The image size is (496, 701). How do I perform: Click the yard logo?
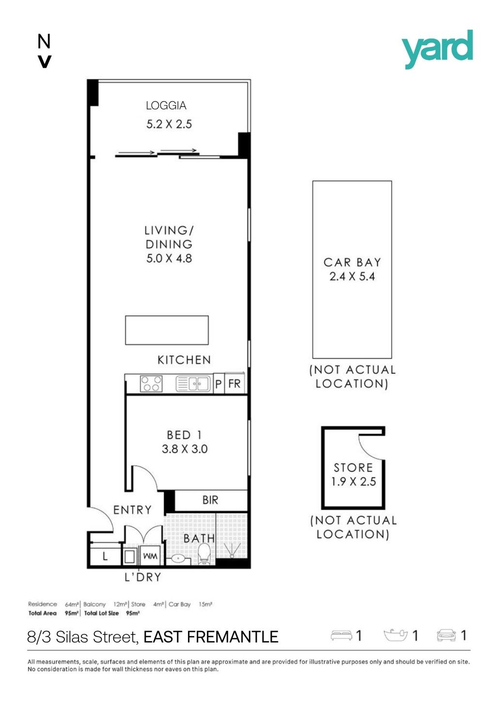437,49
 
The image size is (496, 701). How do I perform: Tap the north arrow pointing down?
44,61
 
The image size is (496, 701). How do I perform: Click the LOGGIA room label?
166,106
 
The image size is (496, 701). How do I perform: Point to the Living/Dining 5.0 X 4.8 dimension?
169,259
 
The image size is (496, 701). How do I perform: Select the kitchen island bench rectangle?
167,330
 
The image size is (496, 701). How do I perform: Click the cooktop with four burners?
151,384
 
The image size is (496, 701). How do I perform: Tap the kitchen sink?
193,384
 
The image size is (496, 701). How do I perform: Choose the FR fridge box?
234,383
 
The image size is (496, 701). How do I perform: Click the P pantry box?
218,384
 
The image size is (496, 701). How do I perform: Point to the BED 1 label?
184,435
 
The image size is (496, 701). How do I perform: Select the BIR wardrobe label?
210,500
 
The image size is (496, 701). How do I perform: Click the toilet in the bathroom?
204,554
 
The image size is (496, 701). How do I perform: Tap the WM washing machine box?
150,556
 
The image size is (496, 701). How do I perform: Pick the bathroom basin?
178,558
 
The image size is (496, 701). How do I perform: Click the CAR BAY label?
352,262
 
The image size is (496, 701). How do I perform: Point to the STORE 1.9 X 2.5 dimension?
354,482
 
